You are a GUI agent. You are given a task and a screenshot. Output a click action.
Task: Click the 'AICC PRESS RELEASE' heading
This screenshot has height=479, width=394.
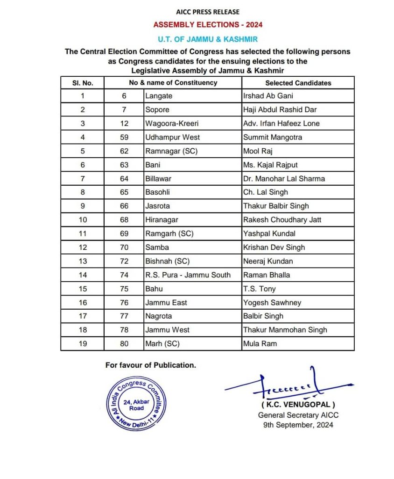[x=207, y=12]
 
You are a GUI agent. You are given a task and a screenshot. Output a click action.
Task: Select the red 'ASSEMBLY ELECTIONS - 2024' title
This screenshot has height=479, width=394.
[x=208, y=25]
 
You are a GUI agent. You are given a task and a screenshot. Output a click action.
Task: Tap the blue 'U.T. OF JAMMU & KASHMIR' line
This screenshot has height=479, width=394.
[x=208, y=39]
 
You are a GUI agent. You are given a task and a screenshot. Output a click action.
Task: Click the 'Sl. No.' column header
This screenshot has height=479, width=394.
[x=83, y=83]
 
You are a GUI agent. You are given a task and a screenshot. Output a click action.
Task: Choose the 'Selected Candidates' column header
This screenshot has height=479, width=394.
[x=298, y=83]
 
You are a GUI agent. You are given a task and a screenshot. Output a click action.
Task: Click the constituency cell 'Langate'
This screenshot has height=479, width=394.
[x=159, y=96]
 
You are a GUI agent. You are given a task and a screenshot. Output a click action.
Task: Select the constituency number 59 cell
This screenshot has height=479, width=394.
[x=124, y=137]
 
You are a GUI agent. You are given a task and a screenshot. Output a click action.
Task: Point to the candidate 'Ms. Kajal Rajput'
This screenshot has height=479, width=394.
[x=270, y=165]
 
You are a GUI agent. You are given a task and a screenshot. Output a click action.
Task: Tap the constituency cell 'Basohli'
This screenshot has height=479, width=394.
[x=157, y=192]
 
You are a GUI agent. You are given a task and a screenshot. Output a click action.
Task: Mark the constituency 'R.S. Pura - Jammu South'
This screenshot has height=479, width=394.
[x=188, y=275]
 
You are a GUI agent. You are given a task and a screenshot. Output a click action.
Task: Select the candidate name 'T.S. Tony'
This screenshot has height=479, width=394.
[x=260, y=289]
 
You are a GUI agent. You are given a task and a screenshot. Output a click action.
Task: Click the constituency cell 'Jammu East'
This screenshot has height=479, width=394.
[x=166, y=303]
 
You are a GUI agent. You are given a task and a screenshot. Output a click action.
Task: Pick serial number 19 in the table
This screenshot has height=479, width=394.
[x=83, y=344]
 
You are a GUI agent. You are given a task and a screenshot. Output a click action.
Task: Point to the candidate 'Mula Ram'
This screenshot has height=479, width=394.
[x=260, y=344]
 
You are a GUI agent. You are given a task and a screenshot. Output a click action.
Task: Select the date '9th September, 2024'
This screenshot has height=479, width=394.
[x=299, y=425]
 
